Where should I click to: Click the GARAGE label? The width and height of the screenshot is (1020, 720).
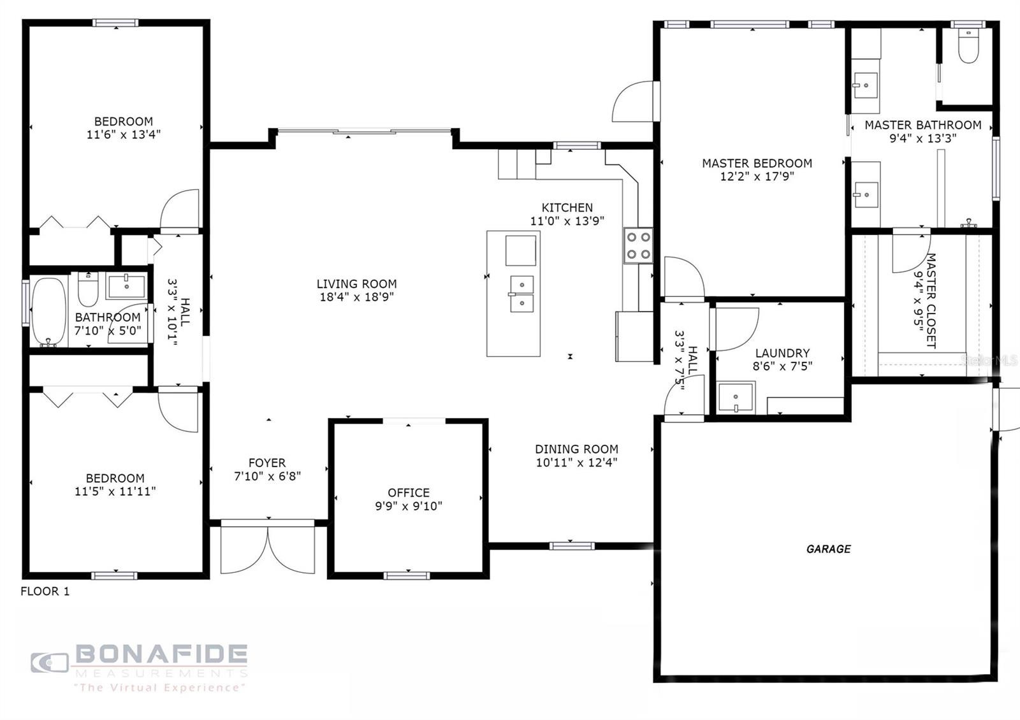[828, 549]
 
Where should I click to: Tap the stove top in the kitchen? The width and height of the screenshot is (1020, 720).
[638, 246]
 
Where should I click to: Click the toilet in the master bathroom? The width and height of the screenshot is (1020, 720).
[968, 46]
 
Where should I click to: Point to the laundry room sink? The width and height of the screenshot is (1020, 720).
[736, 398]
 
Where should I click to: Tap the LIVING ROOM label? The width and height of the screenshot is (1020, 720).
[356, 284]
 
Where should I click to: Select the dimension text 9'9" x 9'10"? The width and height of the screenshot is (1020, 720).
[409, 506]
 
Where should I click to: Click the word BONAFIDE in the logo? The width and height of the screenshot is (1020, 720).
[161, 654]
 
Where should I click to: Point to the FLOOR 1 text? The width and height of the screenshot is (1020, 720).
[45, 591]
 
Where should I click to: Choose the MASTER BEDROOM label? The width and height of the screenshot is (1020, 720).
[757, 163]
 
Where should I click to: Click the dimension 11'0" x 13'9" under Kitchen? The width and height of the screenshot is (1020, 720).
[567, 221]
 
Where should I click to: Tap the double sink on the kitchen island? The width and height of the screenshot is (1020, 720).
[521, 294]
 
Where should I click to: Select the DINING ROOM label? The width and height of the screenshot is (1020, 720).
[576, 449]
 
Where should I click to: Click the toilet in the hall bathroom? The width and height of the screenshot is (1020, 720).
[88, 289]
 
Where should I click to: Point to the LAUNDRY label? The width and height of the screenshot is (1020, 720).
[782, 353]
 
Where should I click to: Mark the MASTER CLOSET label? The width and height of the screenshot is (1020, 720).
[931, 301]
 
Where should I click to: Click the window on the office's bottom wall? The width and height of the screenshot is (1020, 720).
[407, 576]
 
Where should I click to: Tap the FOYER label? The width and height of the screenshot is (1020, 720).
[267, 463]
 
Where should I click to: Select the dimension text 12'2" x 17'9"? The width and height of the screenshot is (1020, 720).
[757, 176]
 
